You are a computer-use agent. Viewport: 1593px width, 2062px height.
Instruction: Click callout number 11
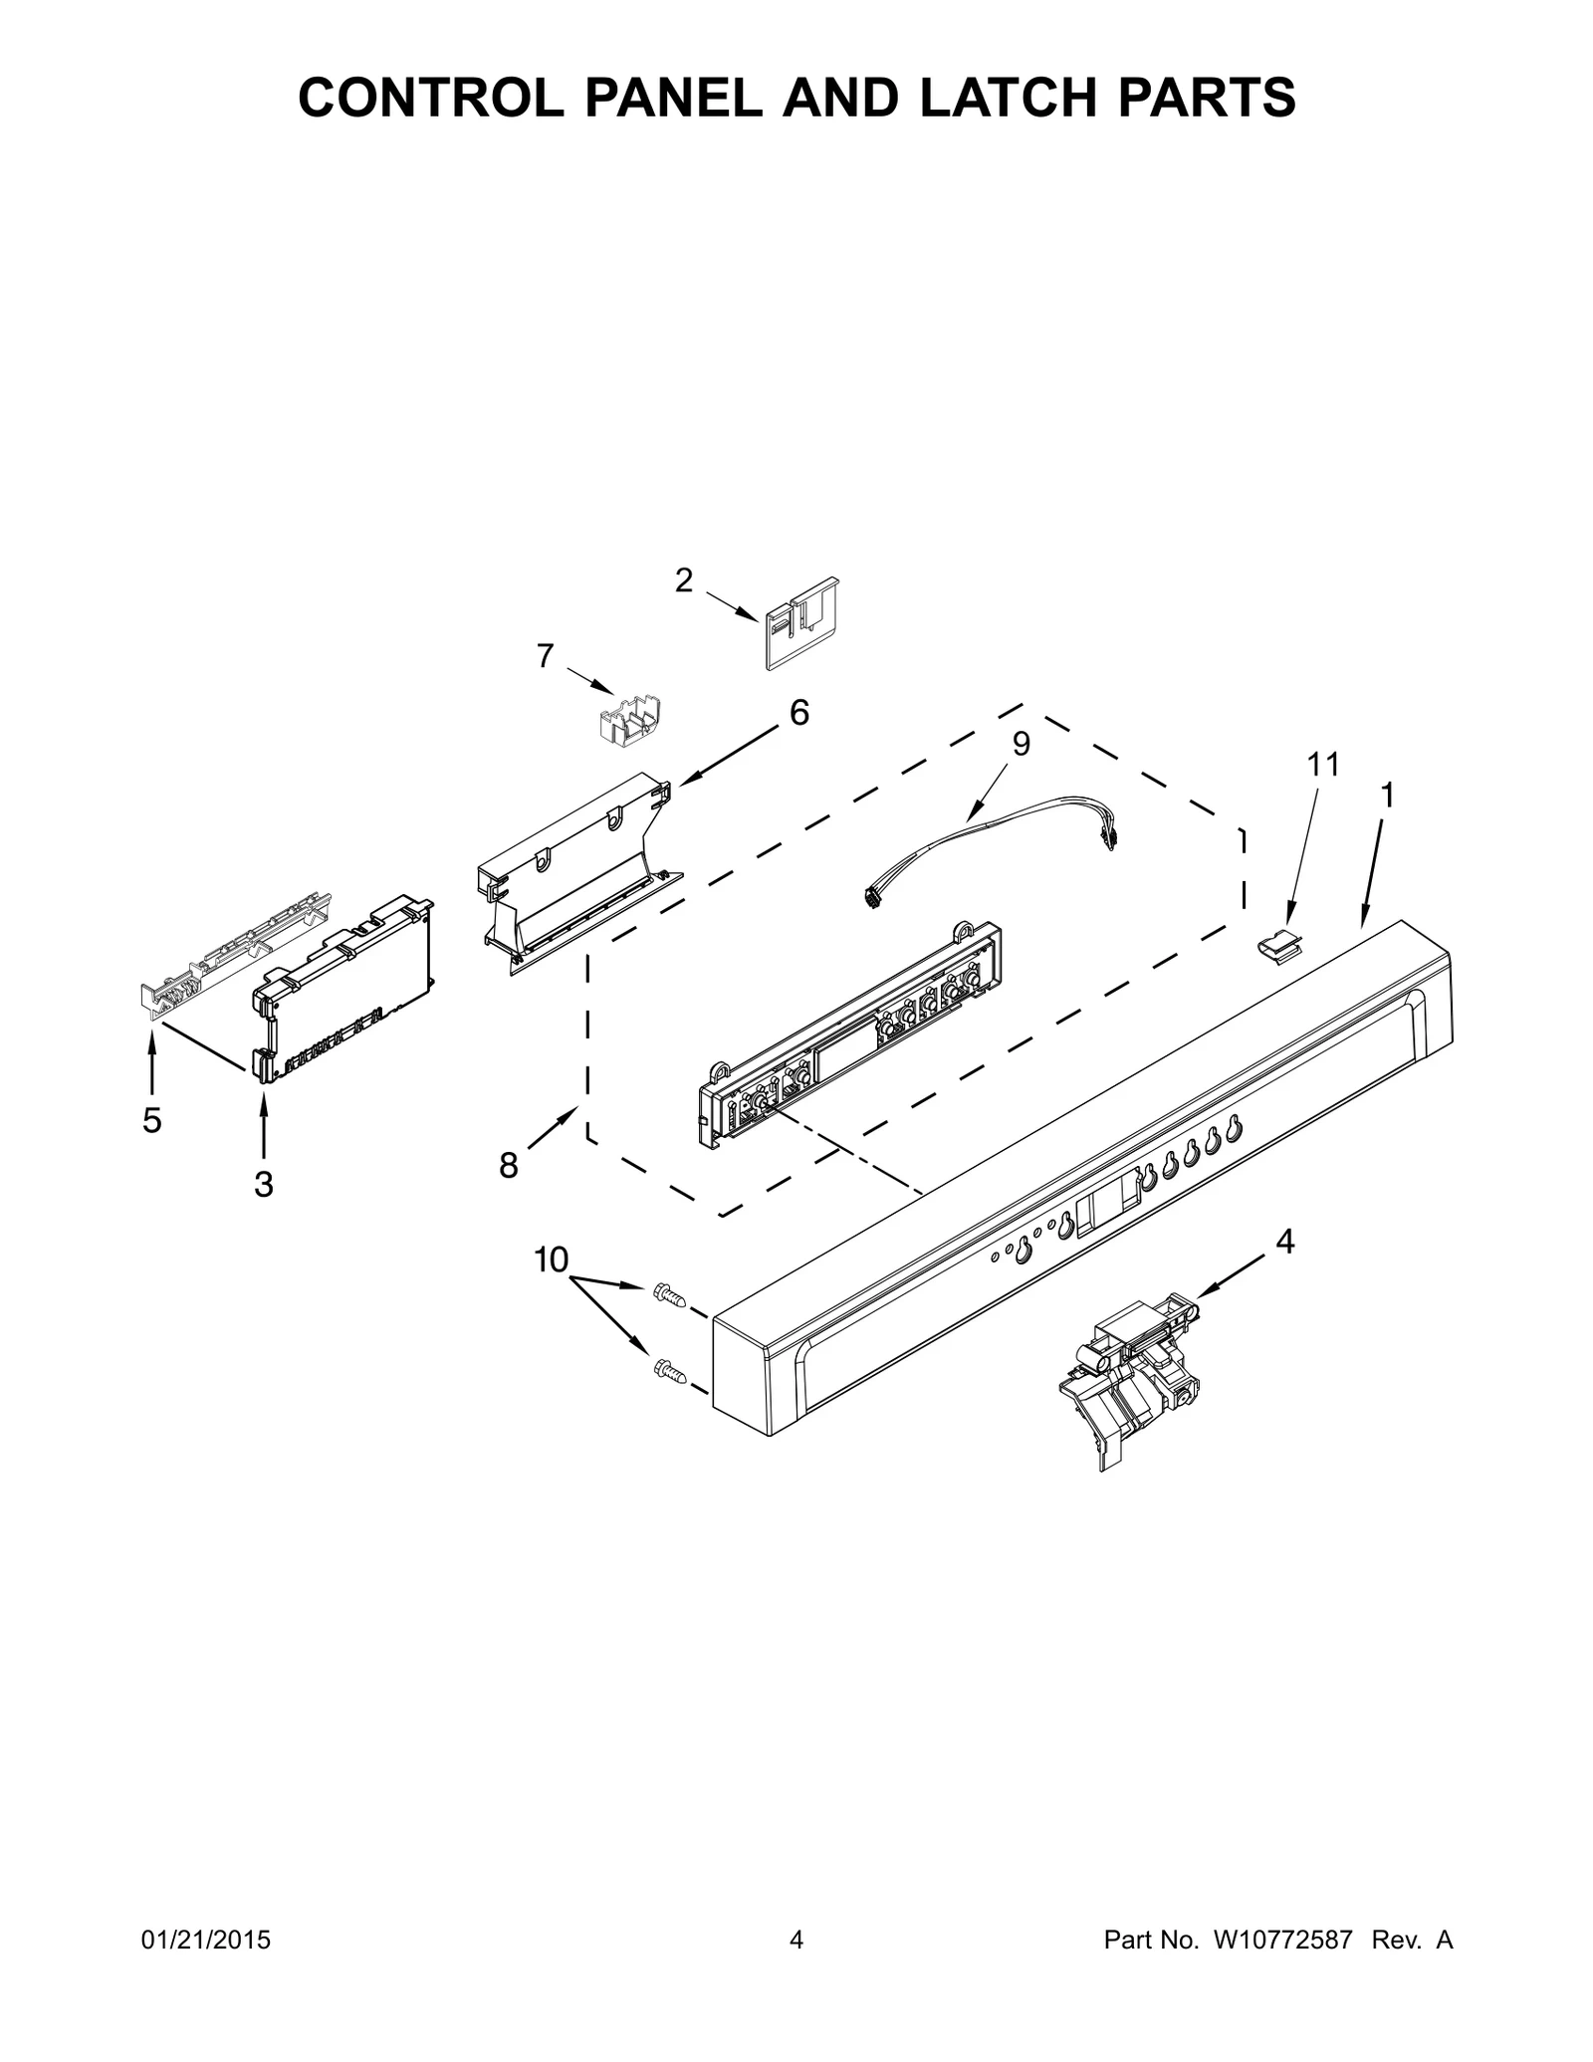[x=1323, y=764]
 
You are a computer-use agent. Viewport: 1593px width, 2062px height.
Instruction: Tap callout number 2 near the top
[x=684, y=580]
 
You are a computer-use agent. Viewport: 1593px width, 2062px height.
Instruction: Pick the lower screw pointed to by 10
[x=669, y=1371]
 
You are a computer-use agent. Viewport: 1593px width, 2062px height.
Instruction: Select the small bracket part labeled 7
[x=633, y=720]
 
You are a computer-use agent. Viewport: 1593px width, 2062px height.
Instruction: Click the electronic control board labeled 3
[x=343, y=986]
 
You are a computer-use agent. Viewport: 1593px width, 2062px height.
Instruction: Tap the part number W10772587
[x=1282, y=1968]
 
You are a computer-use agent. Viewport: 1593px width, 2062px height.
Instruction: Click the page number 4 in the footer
[x=796, y=1968]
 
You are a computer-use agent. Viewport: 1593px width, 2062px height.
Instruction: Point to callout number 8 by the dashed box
[x=509, y=1166]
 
